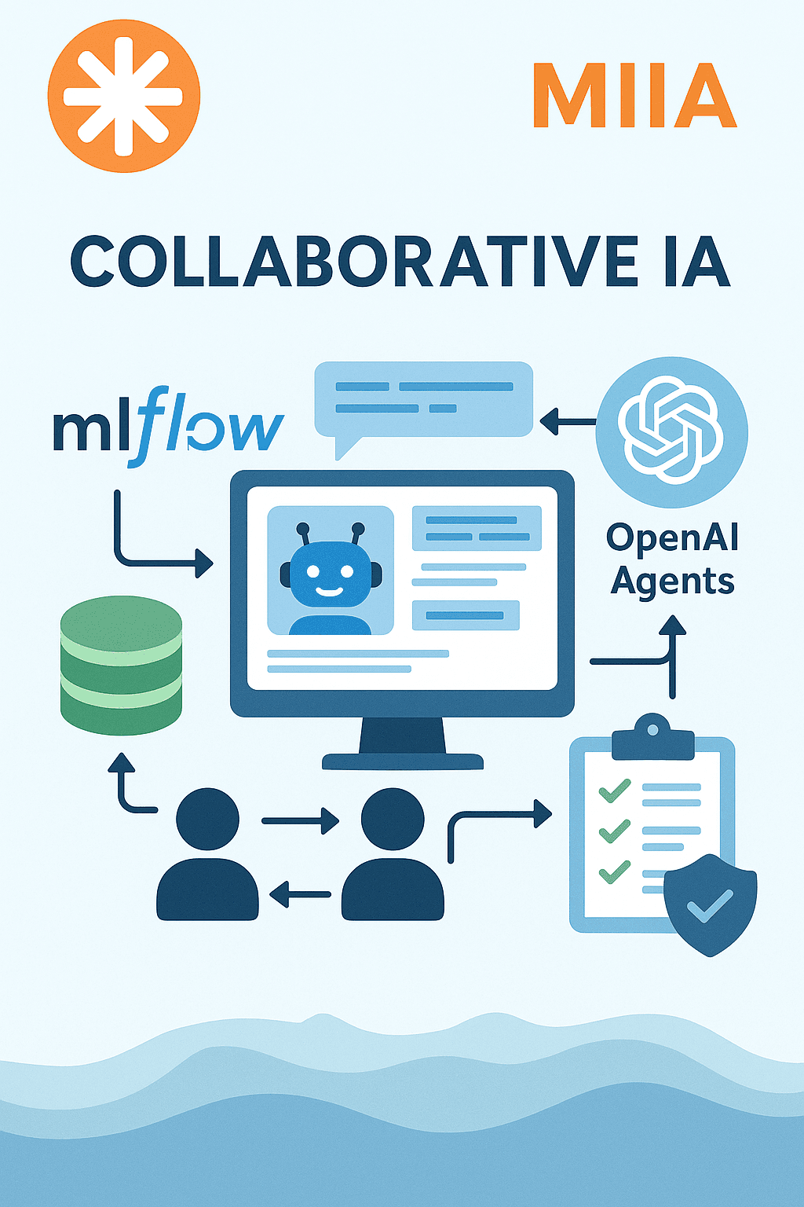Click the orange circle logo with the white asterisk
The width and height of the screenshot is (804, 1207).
tap(124, 97)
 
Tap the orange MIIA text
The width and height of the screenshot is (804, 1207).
tap(635, 96)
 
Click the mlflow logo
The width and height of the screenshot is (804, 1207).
tap(169, 426)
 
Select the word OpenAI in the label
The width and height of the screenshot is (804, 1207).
tap(672, 537)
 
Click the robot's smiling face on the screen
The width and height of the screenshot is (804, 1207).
tap(331, 574)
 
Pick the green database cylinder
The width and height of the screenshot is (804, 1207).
tap(121, 665)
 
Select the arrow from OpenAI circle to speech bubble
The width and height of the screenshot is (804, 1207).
tap(568, 421)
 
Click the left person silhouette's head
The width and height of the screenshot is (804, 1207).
tap(207, 819)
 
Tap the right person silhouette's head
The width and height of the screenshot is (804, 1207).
tap(393, 819)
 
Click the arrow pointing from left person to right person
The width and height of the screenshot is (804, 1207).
tap(301, 820)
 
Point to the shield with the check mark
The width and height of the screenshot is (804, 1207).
tap(711, 904)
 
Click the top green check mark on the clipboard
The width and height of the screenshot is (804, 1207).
tap(615, 791)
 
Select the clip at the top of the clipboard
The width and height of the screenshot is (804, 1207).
tap(652, 737)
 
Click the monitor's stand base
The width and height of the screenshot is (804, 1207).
tap(403, 761)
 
